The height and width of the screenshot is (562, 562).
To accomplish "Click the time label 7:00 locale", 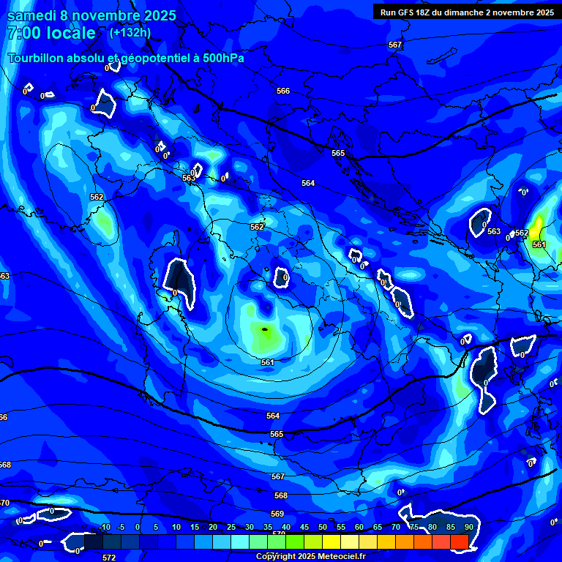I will pyautogui.click(x=51, y=33).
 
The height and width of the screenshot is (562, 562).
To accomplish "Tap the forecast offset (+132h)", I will pyautogui.click(x=130, y=32).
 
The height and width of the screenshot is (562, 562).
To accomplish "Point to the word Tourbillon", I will pyautogui.click(x=37, y=59).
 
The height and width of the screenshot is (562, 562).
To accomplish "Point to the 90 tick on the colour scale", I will pyautogui.click(x=468, y=528).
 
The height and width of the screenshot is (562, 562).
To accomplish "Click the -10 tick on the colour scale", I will pyautogui.click(x=104, y=528).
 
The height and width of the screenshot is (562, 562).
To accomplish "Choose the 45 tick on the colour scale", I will pyautogui.click(x=304, y=528).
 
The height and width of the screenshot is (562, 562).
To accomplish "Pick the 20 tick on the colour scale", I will pyautogui.click(x=212, y=528).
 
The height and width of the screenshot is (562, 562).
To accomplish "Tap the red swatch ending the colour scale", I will pyautogui.click(x=459, y=542).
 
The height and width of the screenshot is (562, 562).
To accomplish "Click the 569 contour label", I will pyautogui.click(x=277, y=514).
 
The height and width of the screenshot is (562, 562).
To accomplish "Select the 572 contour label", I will pyautogui.click(x=109, y=558).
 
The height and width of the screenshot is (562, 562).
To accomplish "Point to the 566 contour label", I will pyautogui.click(x=283, y=91).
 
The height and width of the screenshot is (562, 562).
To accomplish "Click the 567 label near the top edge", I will pyautogui.click(x=395, y=45).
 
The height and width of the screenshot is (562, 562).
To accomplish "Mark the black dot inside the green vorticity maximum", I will pyautogui.click(x=266, y=330).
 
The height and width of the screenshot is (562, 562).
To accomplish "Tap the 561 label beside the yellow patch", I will pyautogui.click(x=539, y=244).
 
